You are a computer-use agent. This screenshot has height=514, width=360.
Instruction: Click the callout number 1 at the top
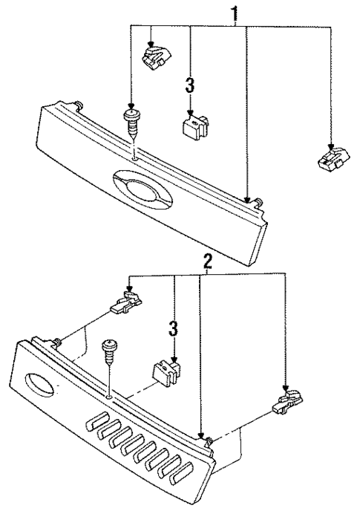click(236, 14)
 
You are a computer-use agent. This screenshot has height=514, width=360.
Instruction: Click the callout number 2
click(209, 261)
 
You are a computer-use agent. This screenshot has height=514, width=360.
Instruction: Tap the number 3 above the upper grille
click(190, 86)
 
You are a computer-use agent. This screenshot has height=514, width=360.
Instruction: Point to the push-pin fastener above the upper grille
click(132, 125)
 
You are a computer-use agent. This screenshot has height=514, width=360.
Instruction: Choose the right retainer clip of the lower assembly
click(285, 402)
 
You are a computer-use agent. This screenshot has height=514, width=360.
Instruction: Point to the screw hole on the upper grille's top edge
click(132, 157)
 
